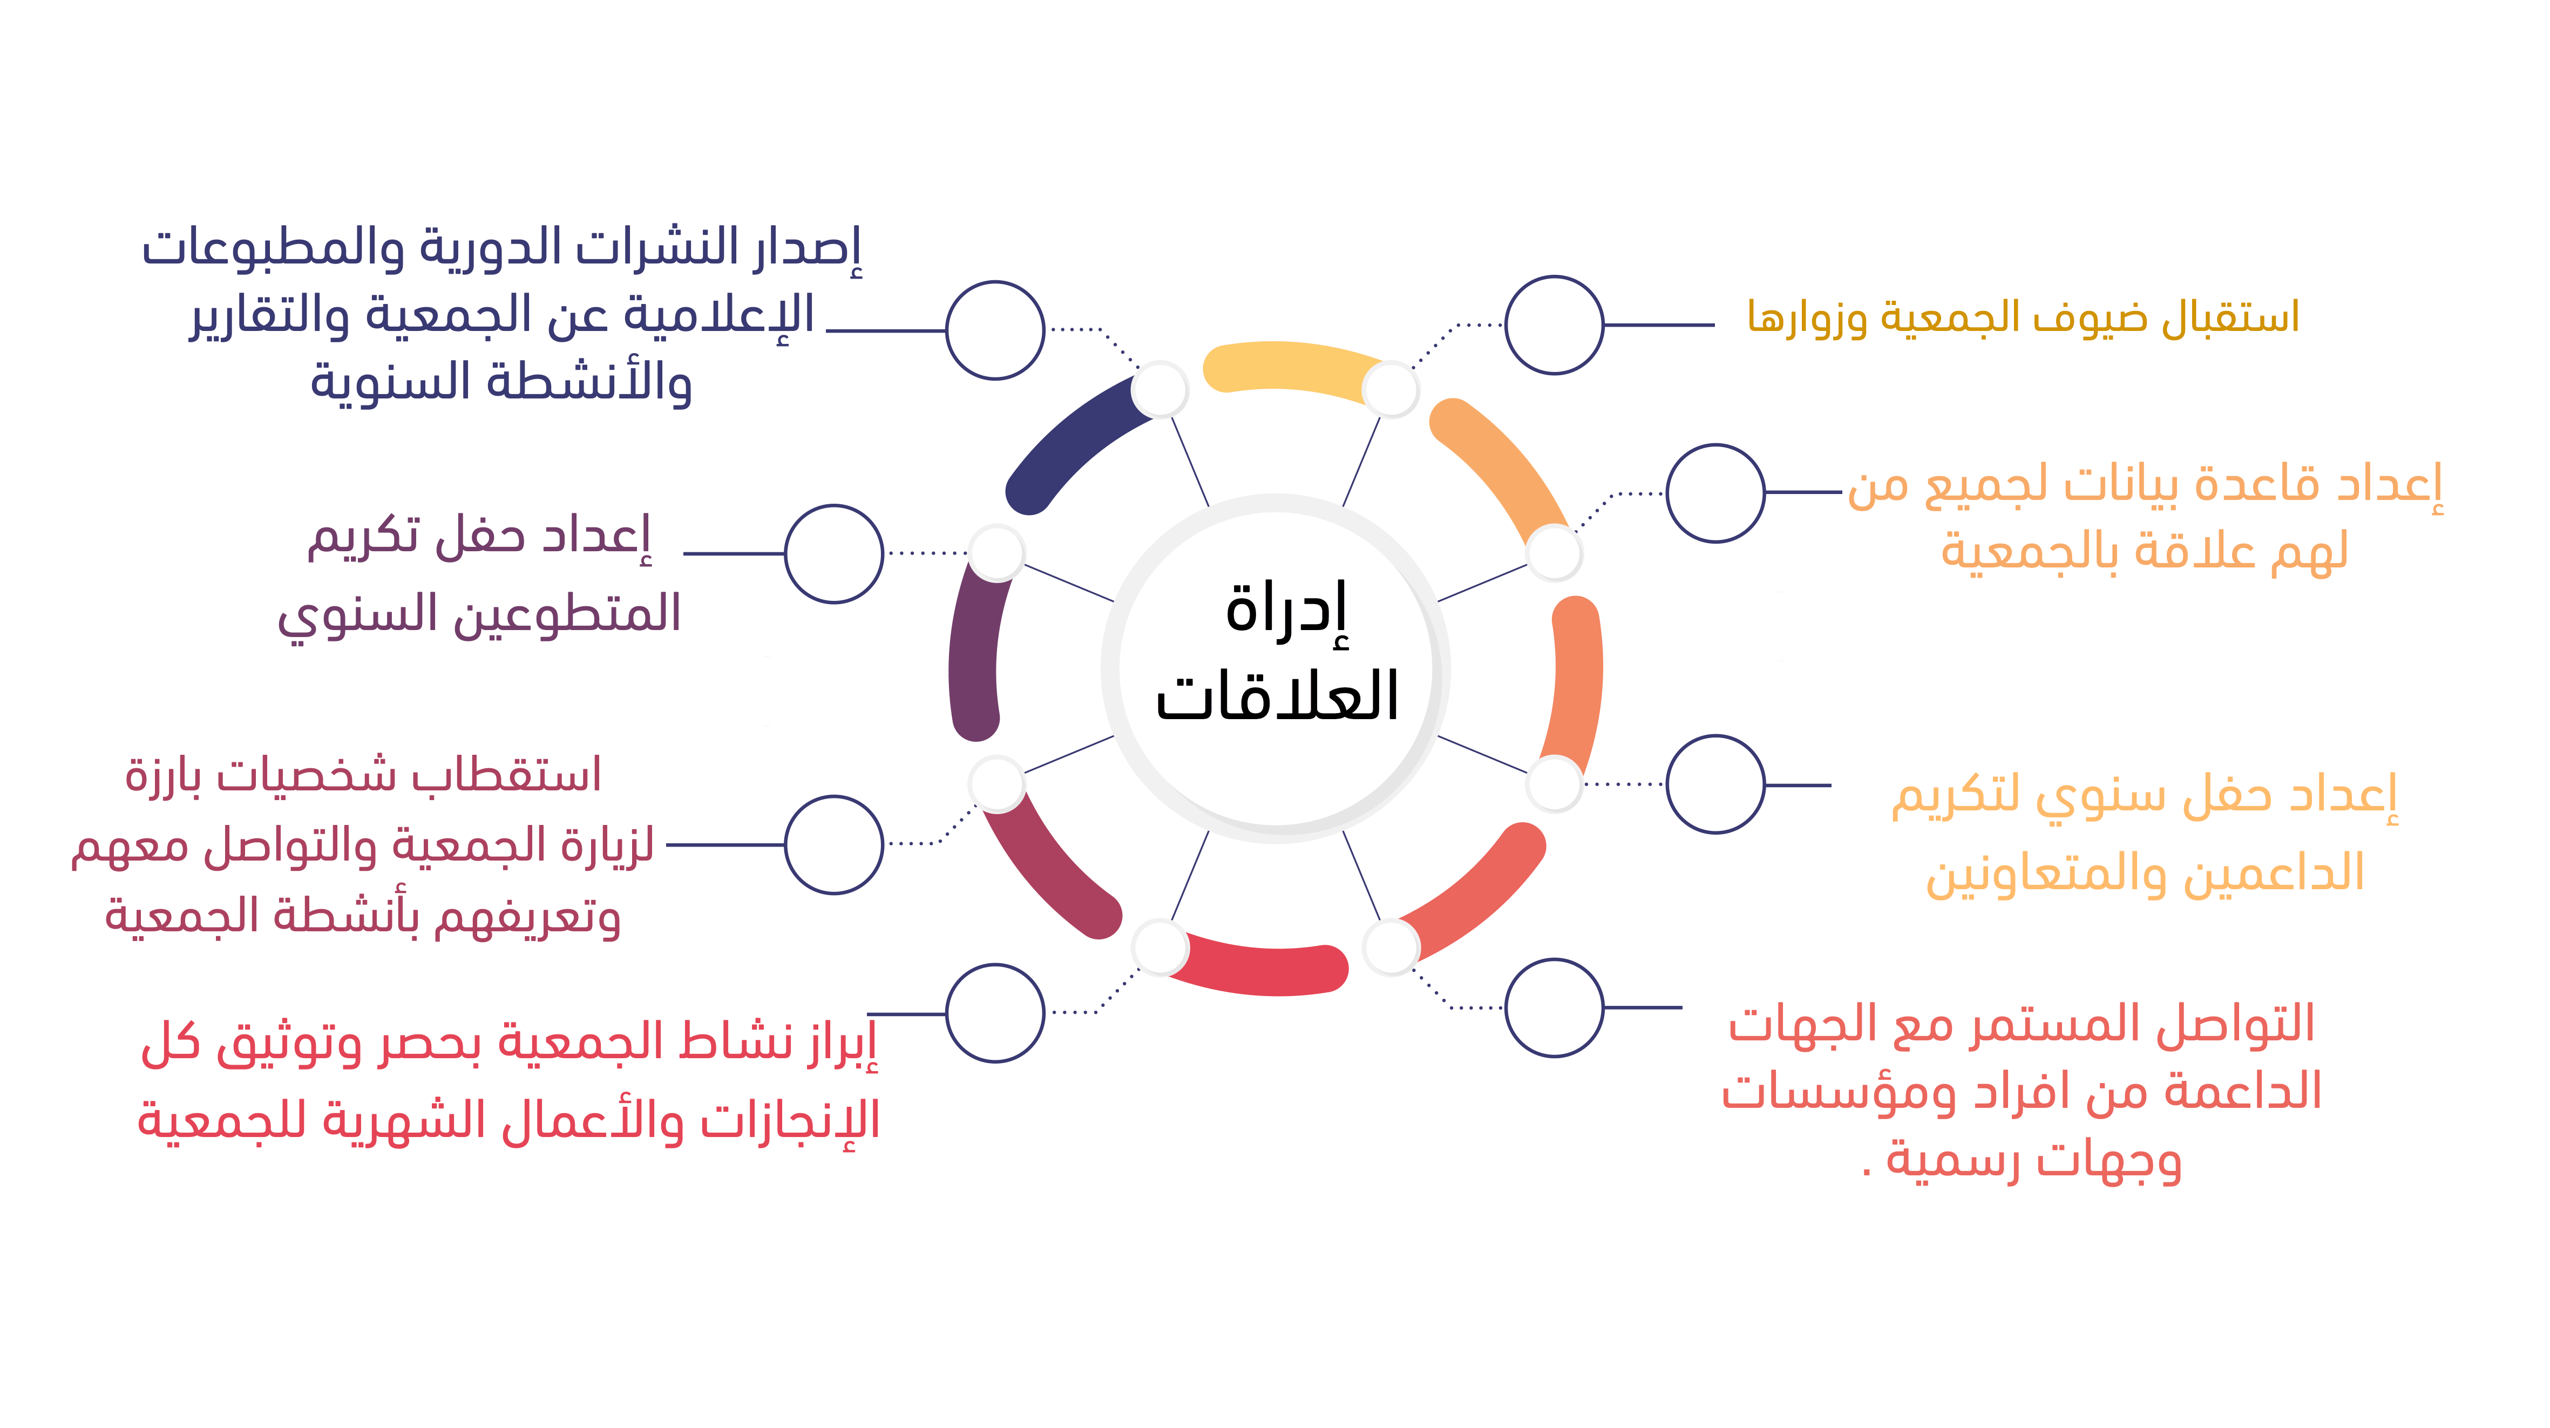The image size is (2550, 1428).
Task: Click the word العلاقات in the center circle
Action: pos(1277,695)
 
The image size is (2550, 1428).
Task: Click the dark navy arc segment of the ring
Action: pos(1074,441)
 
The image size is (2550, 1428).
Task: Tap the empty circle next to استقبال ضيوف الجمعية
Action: pos(1554,325)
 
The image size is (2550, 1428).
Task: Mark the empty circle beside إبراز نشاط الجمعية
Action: pos(995,1013)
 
